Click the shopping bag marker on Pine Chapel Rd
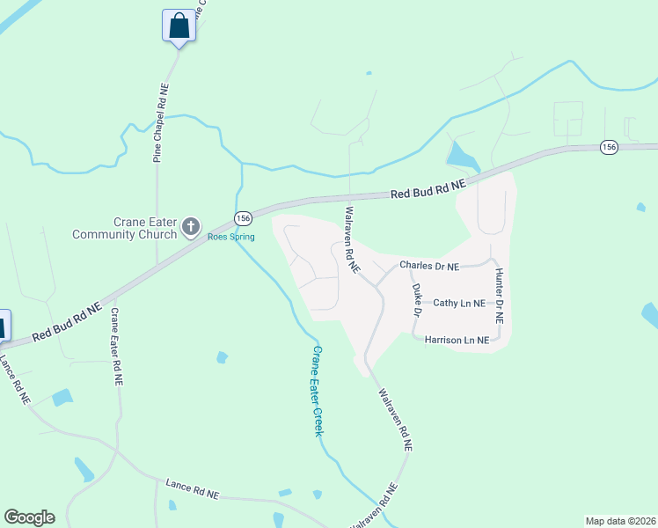point(179,26)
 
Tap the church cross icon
point(190,228)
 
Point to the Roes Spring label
point(230,238)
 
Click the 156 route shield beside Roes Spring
point(244,217)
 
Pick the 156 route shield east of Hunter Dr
point(609,147)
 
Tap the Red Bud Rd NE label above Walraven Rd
point(428,188)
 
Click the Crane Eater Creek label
point(318,390)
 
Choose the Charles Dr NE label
point(429,265)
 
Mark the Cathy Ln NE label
point(459,303)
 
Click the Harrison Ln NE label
point(456,339)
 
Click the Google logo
point(29,517)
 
